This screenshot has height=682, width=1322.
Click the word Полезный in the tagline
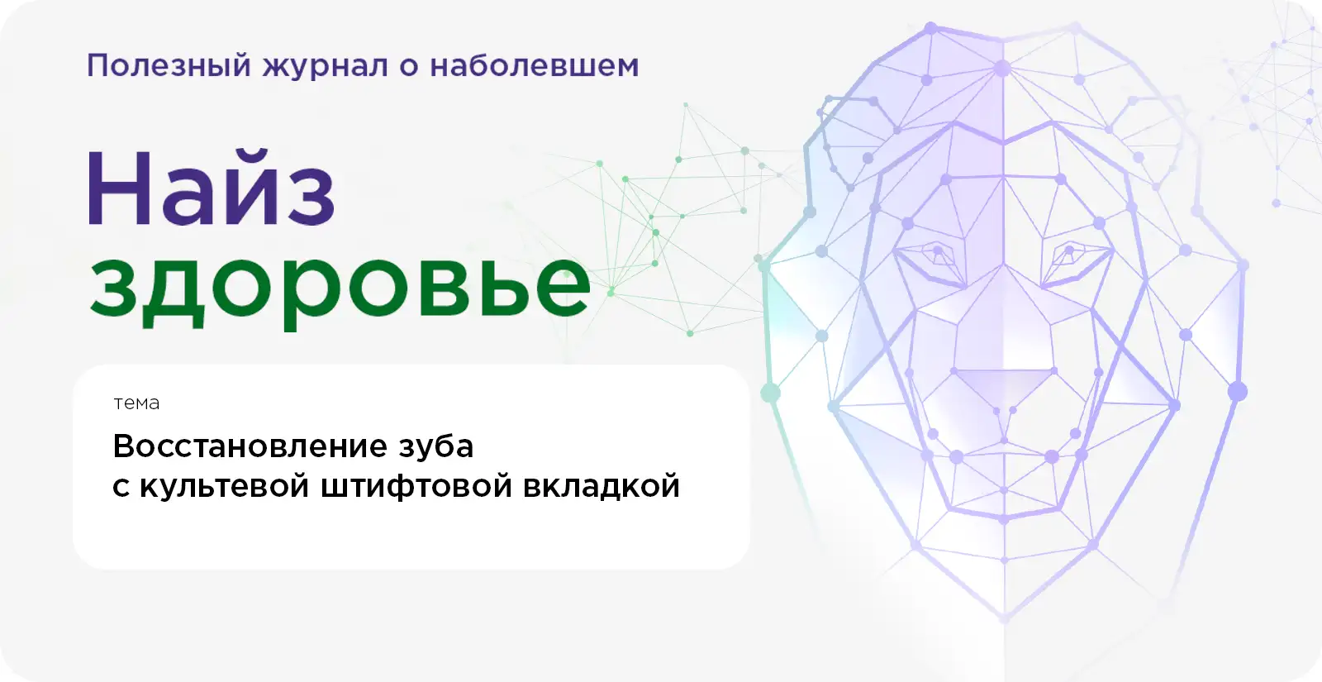pyautogui.click(x=169, y=65)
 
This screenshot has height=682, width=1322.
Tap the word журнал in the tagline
pyautogui.click(x=326, y=67)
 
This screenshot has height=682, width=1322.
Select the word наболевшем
pyautogui.click(x=534, y=65)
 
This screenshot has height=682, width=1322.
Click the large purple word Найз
pyautogui.click(x=211, y=188)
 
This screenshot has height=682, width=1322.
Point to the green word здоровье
pyautogui.click(x=340, y=289)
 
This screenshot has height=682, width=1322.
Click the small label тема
pyautogui.click(x=136, y=403)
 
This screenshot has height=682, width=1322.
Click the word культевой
pyautogui.click(x=225, y=487)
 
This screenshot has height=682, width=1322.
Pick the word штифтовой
pyautogui.click(x=416, y=488)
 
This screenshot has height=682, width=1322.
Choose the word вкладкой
pyautogui.click(x=602, y=487)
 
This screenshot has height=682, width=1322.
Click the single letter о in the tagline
pyautogui.click(x=408, y=67)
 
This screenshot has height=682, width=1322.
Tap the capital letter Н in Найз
pyautogui.click(x=118, y=188)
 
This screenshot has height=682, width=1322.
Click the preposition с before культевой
pyautogui.click(x=121, y=488)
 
